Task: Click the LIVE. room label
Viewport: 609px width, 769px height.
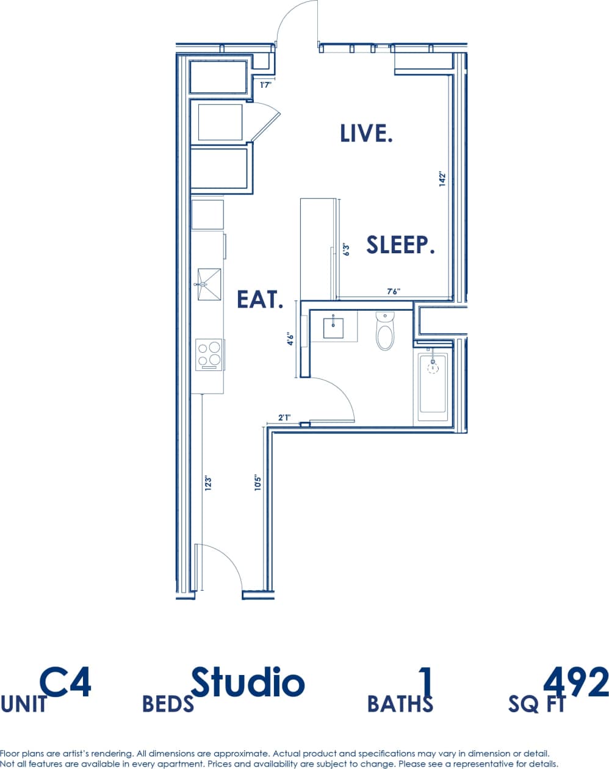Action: pos(366,133)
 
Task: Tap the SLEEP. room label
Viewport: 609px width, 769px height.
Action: pos(400,245)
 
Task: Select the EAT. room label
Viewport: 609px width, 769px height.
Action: pos(261,299)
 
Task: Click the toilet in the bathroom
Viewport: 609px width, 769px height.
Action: pos(385,331)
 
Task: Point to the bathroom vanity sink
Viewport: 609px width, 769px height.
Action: pos(334,327)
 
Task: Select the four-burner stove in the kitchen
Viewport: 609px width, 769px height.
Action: pos(209,354)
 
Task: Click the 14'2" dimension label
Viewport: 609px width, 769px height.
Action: pos(443,179)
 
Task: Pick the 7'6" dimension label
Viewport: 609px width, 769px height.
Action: pos(394,292)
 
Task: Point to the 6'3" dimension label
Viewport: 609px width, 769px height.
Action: pos(346,250)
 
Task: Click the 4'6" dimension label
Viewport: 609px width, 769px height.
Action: pos(291,339)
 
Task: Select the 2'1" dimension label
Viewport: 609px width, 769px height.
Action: pos(284,417)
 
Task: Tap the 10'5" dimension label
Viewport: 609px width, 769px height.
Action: pos(258,483)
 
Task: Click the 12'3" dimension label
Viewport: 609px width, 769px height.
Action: pos(207,483)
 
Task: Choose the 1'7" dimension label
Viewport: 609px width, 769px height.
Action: pos(265,85)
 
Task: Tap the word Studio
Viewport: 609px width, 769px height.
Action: pos(248,682)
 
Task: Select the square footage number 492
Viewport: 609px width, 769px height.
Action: pos(575,682)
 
